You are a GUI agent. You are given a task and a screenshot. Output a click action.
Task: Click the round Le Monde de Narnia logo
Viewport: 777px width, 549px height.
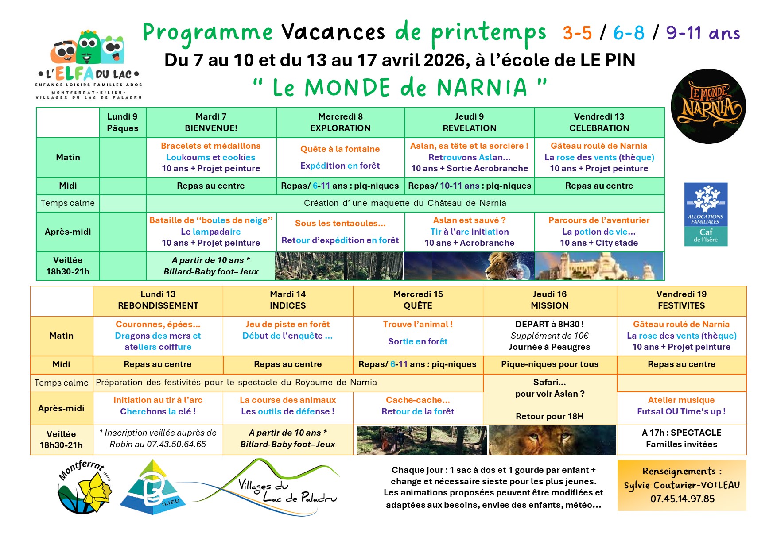[x=708, y=106]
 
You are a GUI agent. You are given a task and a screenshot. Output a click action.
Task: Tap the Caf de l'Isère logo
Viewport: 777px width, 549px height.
[x=706, y=214]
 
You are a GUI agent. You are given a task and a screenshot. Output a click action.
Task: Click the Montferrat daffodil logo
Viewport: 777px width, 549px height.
[x=84, y=487]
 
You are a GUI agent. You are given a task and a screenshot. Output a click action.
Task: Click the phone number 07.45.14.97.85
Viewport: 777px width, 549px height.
[x=682, y=499]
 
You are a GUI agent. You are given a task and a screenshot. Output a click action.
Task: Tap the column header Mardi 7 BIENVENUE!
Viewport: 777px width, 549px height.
[x=211, y=122]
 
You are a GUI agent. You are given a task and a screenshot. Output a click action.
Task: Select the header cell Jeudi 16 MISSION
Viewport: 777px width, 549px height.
[x=549, y=300]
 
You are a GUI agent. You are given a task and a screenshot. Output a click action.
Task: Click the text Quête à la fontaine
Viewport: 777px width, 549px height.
[x=340, y=149]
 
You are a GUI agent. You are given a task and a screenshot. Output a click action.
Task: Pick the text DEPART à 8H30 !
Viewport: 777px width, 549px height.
[x=549, y=324]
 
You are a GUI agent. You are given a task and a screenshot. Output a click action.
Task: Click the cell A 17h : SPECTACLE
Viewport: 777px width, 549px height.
[x=681, y=433]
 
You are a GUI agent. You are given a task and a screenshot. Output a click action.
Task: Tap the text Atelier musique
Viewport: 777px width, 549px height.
[x=681, y=400]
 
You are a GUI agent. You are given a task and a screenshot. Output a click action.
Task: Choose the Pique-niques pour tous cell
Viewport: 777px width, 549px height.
[x=549, y=364]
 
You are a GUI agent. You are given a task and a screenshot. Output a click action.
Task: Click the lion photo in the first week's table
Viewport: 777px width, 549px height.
[x=470, y=266]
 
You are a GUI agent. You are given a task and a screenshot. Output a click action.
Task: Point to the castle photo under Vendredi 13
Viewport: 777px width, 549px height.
[x=599, y=266]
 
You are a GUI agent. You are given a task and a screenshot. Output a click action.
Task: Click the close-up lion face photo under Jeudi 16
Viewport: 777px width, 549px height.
[x=552, y=440]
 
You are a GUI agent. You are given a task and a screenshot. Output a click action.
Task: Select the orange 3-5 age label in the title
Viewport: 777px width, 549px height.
[x=577, y=33]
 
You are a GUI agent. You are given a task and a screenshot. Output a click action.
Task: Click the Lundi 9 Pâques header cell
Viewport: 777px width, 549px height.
[x=122, y=122]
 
